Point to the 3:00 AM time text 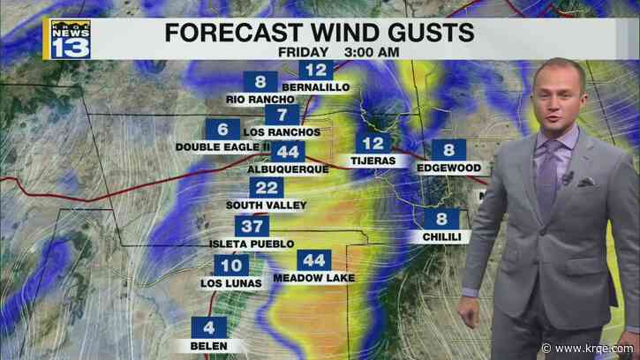coord(354,52)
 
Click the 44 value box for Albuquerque coord(286,151)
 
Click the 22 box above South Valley coord(266,188)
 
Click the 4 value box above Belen coord(208,326)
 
